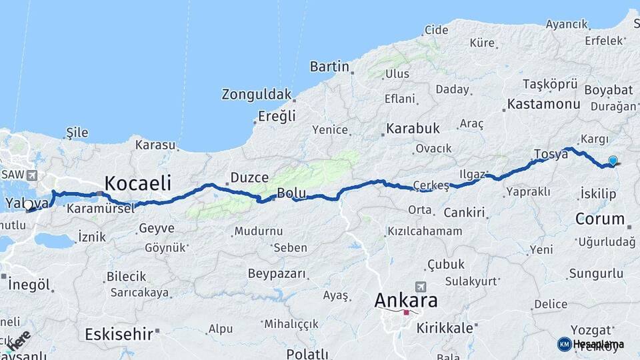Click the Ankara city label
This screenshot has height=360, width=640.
click(x=406, y=300)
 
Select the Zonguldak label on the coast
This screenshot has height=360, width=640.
click(x=257, y=94)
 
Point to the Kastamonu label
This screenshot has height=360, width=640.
click(x=543, y=104)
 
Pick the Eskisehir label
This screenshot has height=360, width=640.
click(x=119, y=334)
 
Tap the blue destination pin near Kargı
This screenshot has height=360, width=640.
click(x=613, y=161)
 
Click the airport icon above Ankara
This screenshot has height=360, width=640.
click(x=420, y=287)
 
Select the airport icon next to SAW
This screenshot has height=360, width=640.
click(x=31, y=175)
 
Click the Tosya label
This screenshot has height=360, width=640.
click(x=551, y=154)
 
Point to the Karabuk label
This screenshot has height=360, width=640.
click(x=413, y=128)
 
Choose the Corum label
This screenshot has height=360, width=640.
click(x=600, y=219)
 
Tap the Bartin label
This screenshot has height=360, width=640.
click(x=329, y=67)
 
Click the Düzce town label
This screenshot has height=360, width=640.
click(x=249, y=178)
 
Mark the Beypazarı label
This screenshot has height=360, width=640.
click(x=277, y=274)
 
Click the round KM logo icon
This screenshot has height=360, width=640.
click(x=564, y=344)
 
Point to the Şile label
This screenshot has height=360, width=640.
click(x=77, y=133)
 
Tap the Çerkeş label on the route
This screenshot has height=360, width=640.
click(x=431, y=185)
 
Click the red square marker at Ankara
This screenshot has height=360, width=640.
click(x=406, y=312)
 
